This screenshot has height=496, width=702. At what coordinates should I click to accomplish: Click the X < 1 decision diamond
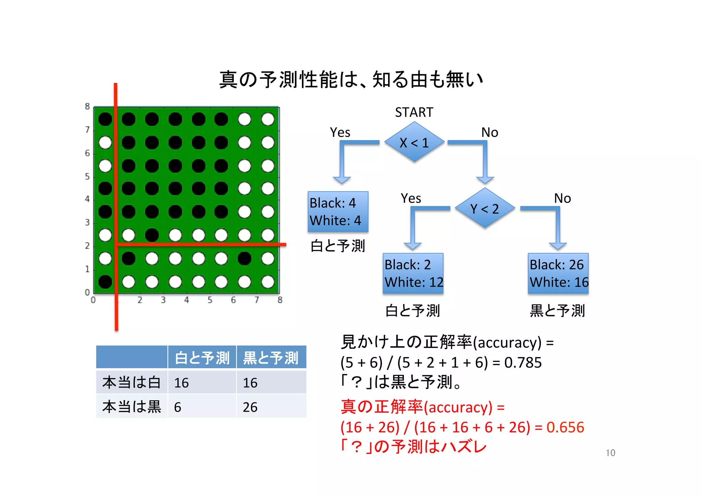pyautogui.click(x=414, y=142)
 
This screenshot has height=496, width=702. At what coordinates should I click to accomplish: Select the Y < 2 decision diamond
pyautogui.click(x=485, y=208)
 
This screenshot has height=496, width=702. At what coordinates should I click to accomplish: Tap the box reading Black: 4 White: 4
pyautogui.click(x=338, y=211)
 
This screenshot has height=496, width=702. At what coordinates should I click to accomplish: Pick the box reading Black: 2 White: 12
pyautogui.click(x=413, y=273)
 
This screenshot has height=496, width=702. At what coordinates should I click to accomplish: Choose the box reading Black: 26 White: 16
pyautogui.click(x=558, y=273)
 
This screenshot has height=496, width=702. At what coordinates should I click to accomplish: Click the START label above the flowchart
pyautogui.click(x=414, y=112)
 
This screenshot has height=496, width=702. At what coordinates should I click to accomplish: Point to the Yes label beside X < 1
pyautogui.click(x=340, y=132)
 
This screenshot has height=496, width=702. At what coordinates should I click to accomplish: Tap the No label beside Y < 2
pyautogui.click(x=562, y=198)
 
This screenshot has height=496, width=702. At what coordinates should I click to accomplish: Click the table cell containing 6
pyautogui.click(x=202, y=407)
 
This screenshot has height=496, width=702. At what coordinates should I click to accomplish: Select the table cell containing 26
pyautogui.click(x=271, y=407)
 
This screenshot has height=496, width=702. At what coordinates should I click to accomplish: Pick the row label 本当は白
pyautogui.click(x=132, y=382)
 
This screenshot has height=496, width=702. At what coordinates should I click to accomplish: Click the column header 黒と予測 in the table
pyautogui.click(x=271, y=358)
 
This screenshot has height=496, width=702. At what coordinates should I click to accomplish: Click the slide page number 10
pyautogui.click(x=610, y=453)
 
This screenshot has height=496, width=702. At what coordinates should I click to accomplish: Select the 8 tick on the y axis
pyautogui.click(x=87, y=107)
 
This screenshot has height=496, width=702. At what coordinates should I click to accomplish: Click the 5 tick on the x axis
pyautogui.click(x=210, y=300)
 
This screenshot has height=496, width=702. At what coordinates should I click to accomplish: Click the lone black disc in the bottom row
pyautogui.click(x=105, y=282)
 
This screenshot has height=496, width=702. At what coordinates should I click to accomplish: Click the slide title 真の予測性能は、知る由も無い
pyautogui.click(x=351, y=80)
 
